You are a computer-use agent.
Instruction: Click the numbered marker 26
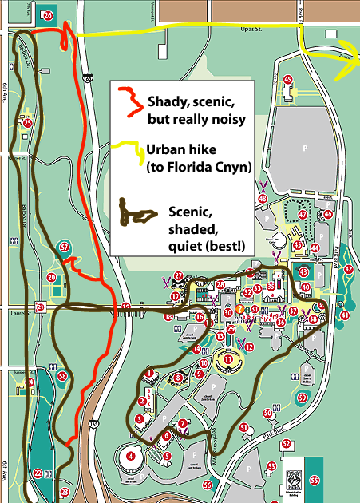coord(48,14)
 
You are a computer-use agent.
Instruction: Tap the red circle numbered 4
coord(129,457)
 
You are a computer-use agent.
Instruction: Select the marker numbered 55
coord(314,480)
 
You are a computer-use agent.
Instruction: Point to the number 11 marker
coord(228,360)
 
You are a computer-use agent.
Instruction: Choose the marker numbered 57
coord(65,248)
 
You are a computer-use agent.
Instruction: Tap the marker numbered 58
coord(62,376)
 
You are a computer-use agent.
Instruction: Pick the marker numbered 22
coord(38,473)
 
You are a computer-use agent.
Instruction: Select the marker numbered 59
coord(302,397)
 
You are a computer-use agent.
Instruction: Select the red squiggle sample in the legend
coord(128,102)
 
